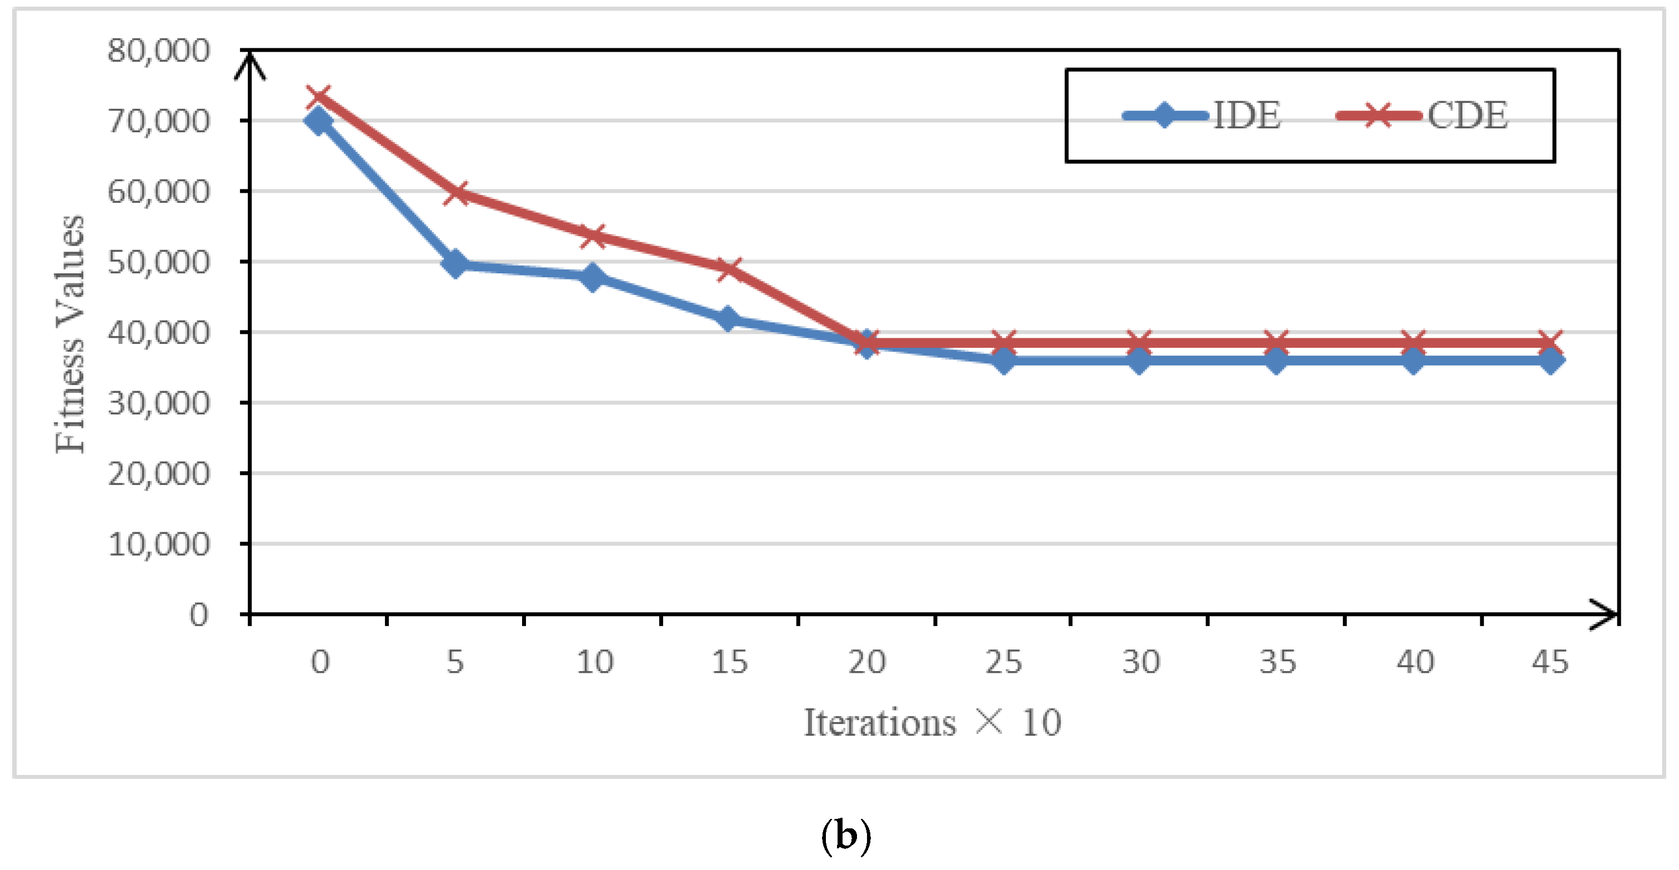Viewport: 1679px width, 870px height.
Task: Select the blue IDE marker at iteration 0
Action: click(x=319, y=121)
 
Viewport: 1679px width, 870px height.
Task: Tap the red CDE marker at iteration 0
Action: click(x=319, y=98)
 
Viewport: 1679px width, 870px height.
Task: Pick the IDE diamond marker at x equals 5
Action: click(x=455, y=263)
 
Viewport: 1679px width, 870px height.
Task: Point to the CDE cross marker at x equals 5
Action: click(x=455, y=192)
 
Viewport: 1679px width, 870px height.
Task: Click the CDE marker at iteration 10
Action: click(x=593, y=236)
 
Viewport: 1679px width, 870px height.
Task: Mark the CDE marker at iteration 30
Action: click(x=1139, y=342)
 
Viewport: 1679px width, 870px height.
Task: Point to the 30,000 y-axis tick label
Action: click(x=158, y=403)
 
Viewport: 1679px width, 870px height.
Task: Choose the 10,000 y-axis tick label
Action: click(x=158, y=544)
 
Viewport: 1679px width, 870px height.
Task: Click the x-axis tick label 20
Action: click(x=866, y=662)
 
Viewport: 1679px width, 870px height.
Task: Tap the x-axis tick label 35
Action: click(x=1277, y=662)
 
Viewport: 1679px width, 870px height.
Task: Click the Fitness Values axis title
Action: click(x=70, y=334)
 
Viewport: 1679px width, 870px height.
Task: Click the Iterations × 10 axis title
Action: click(x=932, y=723)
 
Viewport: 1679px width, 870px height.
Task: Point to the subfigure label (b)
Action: click(x=845, y=836)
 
